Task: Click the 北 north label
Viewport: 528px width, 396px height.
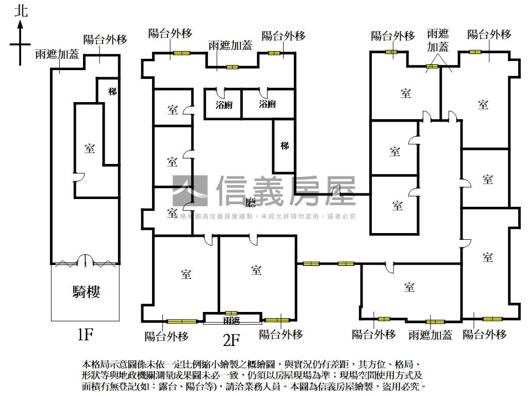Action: (21, 11)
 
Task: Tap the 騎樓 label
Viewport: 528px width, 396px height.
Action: (86, 292)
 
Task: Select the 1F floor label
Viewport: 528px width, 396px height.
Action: (85, 335)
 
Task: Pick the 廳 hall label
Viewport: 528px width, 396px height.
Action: (251, 203)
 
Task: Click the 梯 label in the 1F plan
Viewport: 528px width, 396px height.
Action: (112, 91)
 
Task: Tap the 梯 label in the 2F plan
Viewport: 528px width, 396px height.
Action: (285, 145)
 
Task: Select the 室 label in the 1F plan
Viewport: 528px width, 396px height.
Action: (90, 148)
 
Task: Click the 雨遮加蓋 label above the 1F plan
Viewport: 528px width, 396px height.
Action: (57, 54)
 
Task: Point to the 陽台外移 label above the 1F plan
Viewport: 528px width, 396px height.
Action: (105, 40)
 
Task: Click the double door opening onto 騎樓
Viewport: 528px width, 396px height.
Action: (86, 260)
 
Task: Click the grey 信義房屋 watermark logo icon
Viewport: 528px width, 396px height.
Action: (190, 191)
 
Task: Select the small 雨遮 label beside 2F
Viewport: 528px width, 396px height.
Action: (232, 321)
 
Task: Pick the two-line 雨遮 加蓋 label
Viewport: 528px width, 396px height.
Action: (438, 40)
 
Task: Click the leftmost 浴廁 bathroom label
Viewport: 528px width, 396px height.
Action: (224, 104)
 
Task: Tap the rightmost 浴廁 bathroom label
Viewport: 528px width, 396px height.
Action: (267, 104)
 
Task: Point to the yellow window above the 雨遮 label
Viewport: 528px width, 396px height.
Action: (230, 313)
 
